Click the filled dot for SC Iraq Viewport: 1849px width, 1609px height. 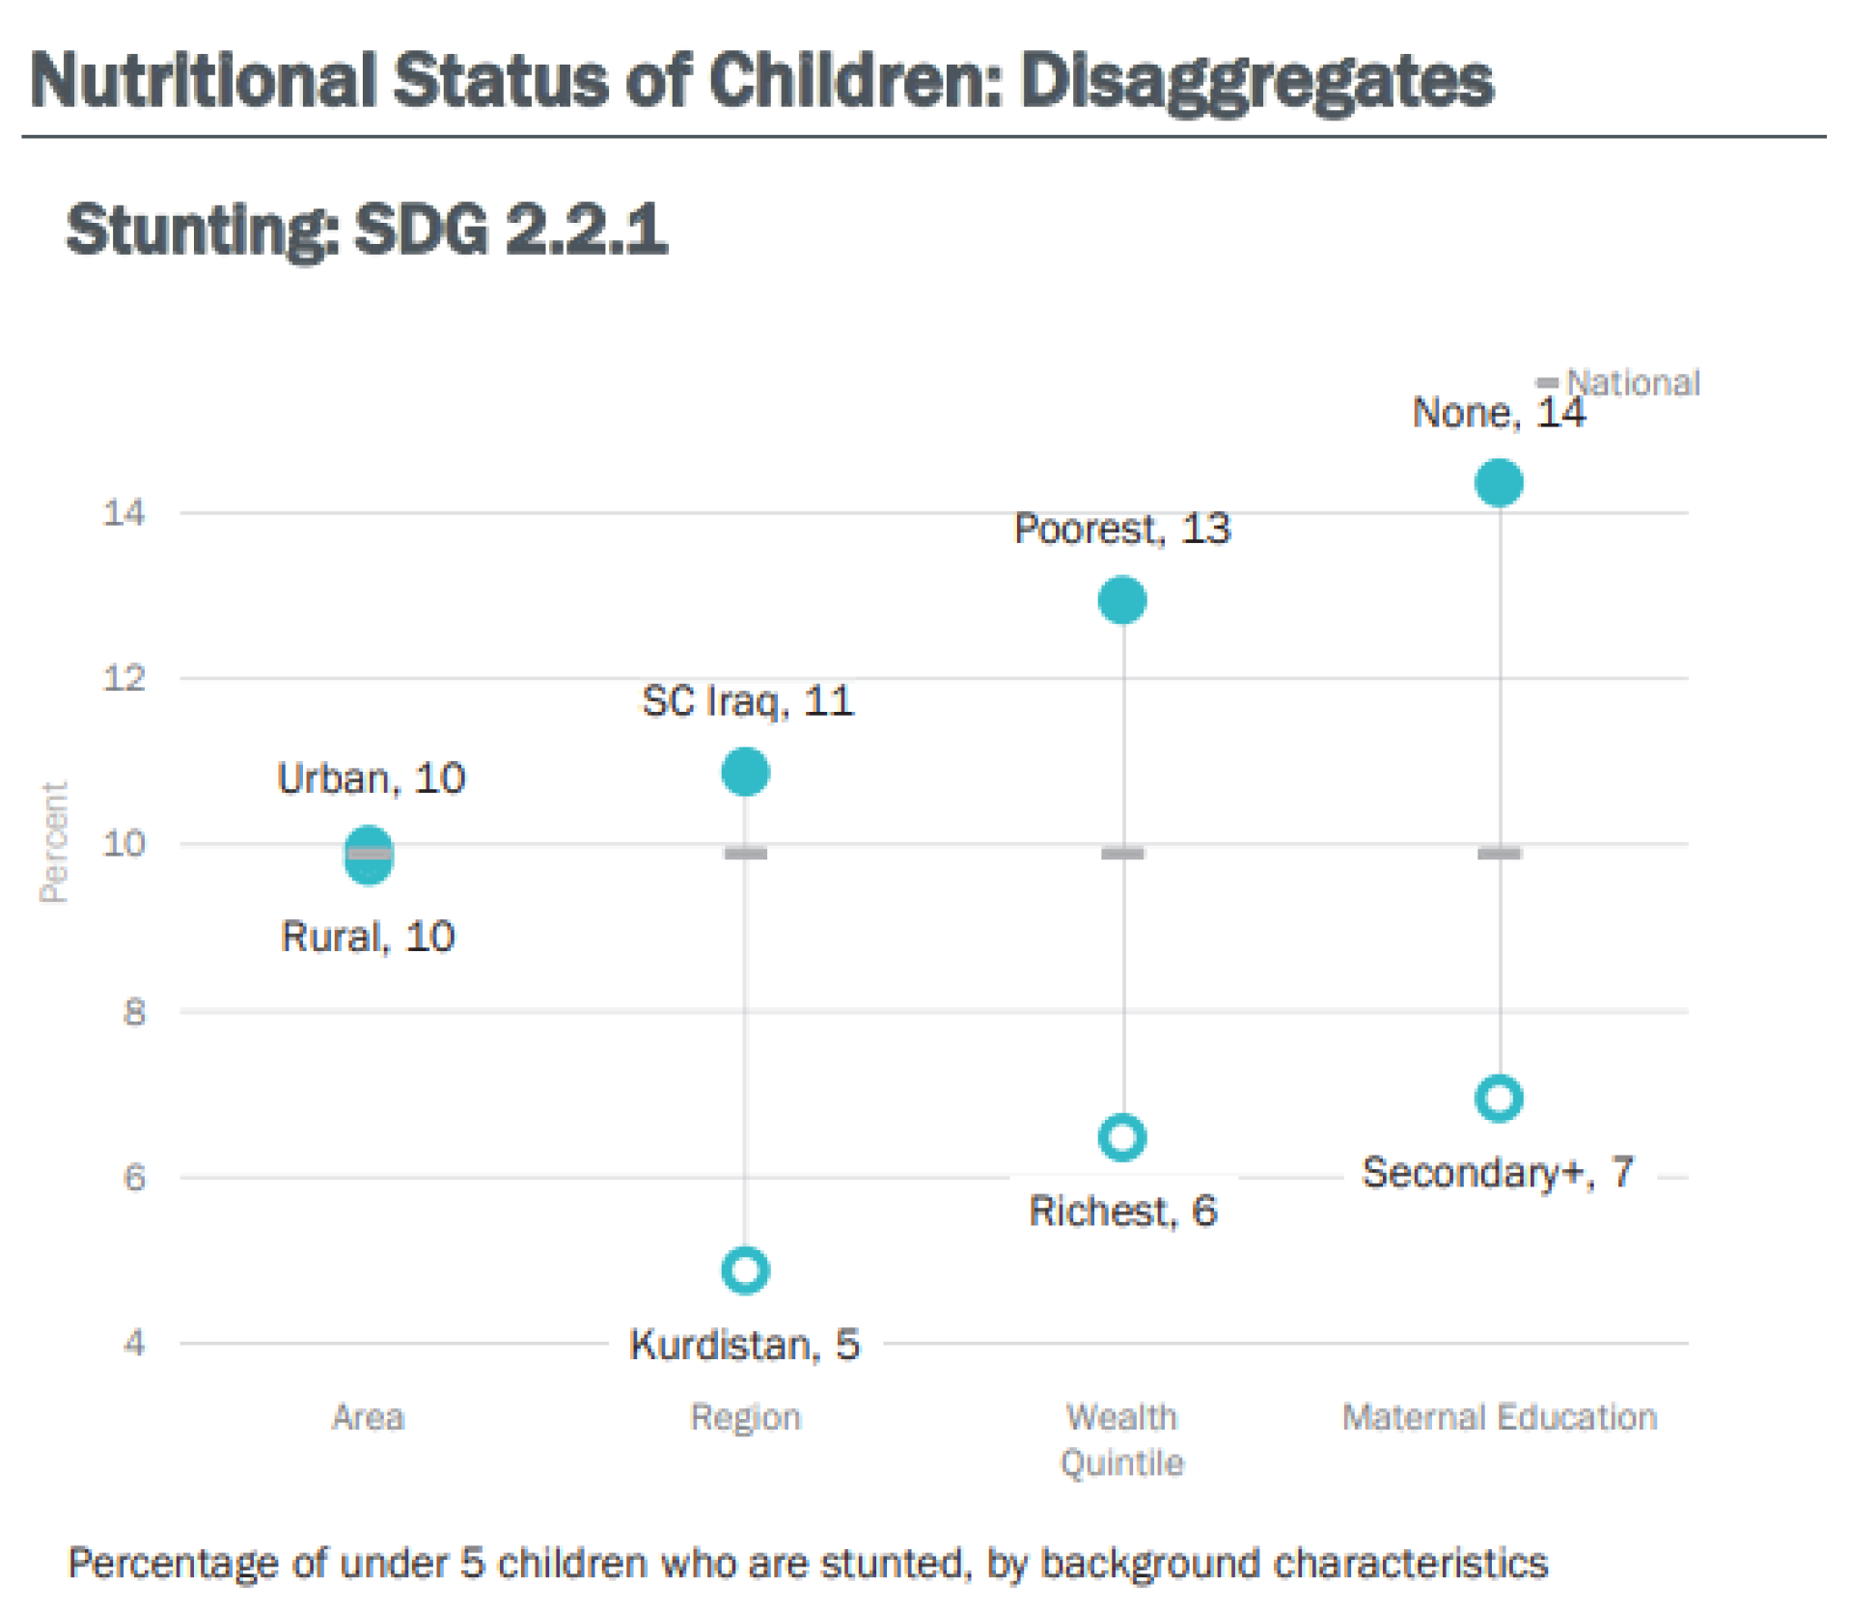[x=745, y=772]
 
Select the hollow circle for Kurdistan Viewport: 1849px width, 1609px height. [x=745, y=1269]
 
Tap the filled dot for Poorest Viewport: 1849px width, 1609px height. [x=1122, y=600]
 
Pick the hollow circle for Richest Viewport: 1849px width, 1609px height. [x=1122, y=1137]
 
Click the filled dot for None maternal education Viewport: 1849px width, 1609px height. [x=1499, y=482]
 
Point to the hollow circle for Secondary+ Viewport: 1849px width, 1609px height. [x=1499, y=1098]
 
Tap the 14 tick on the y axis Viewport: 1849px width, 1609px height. [x=124, y=512]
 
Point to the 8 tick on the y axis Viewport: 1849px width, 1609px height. [x=134, y=1012]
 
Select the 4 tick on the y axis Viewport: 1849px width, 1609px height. [x=134, y=1343]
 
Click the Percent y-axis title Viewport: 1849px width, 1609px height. [x=54, y=842]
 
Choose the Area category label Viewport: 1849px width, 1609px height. [x=368, y=1417]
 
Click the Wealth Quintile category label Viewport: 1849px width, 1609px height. [x=1122, y=1439]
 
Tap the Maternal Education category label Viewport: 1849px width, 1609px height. [x=1499, y=1417]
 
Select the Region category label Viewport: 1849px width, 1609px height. [x=745, y=1417]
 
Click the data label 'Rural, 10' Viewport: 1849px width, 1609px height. [x=368, y=937]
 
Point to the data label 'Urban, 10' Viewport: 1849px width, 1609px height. [x=372, y=778]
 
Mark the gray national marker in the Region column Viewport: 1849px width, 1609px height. [x=745, y=853]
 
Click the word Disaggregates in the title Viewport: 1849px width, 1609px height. [x=1256, y=81]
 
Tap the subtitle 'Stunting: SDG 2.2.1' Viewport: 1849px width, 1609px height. [x=367, y=230]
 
